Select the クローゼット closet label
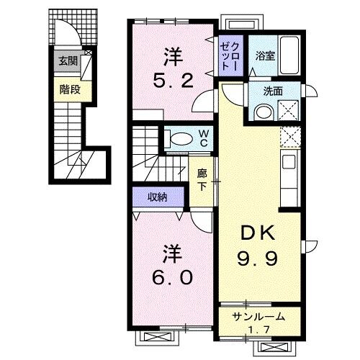click(231, 53)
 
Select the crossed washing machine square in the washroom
click(292, 109)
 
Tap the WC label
click(204, 138)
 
